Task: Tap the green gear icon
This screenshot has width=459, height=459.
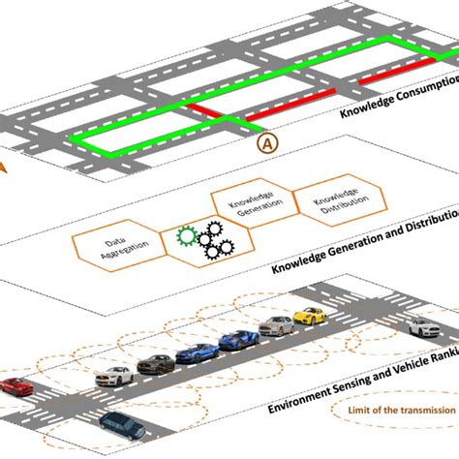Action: [186, 235]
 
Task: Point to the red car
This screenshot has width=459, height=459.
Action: [15, 386]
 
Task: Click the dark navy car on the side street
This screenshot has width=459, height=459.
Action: [121, 423]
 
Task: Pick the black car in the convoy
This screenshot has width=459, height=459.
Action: [154, 364]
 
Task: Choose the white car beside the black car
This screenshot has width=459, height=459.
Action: [115, 376]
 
